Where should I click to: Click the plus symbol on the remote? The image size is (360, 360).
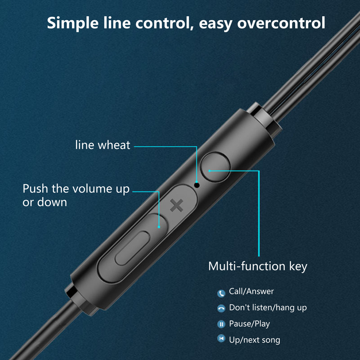177,207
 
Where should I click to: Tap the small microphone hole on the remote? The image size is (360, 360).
197,184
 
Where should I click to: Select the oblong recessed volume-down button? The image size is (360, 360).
132,248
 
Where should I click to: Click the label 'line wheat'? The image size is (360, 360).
103,145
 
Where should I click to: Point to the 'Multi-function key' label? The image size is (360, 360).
257,266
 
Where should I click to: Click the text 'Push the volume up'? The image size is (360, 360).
76,188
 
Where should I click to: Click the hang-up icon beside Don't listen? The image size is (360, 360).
221,308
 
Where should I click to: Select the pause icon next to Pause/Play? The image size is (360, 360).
221,324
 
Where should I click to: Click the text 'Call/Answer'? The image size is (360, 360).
251,292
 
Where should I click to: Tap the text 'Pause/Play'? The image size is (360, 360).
249,324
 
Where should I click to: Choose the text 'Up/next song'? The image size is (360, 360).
254,340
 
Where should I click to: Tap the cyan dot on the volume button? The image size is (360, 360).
159,227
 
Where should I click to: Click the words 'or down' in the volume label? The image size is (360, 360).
45,202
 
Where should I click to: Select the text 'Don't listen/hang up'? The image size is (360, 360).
268,308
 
